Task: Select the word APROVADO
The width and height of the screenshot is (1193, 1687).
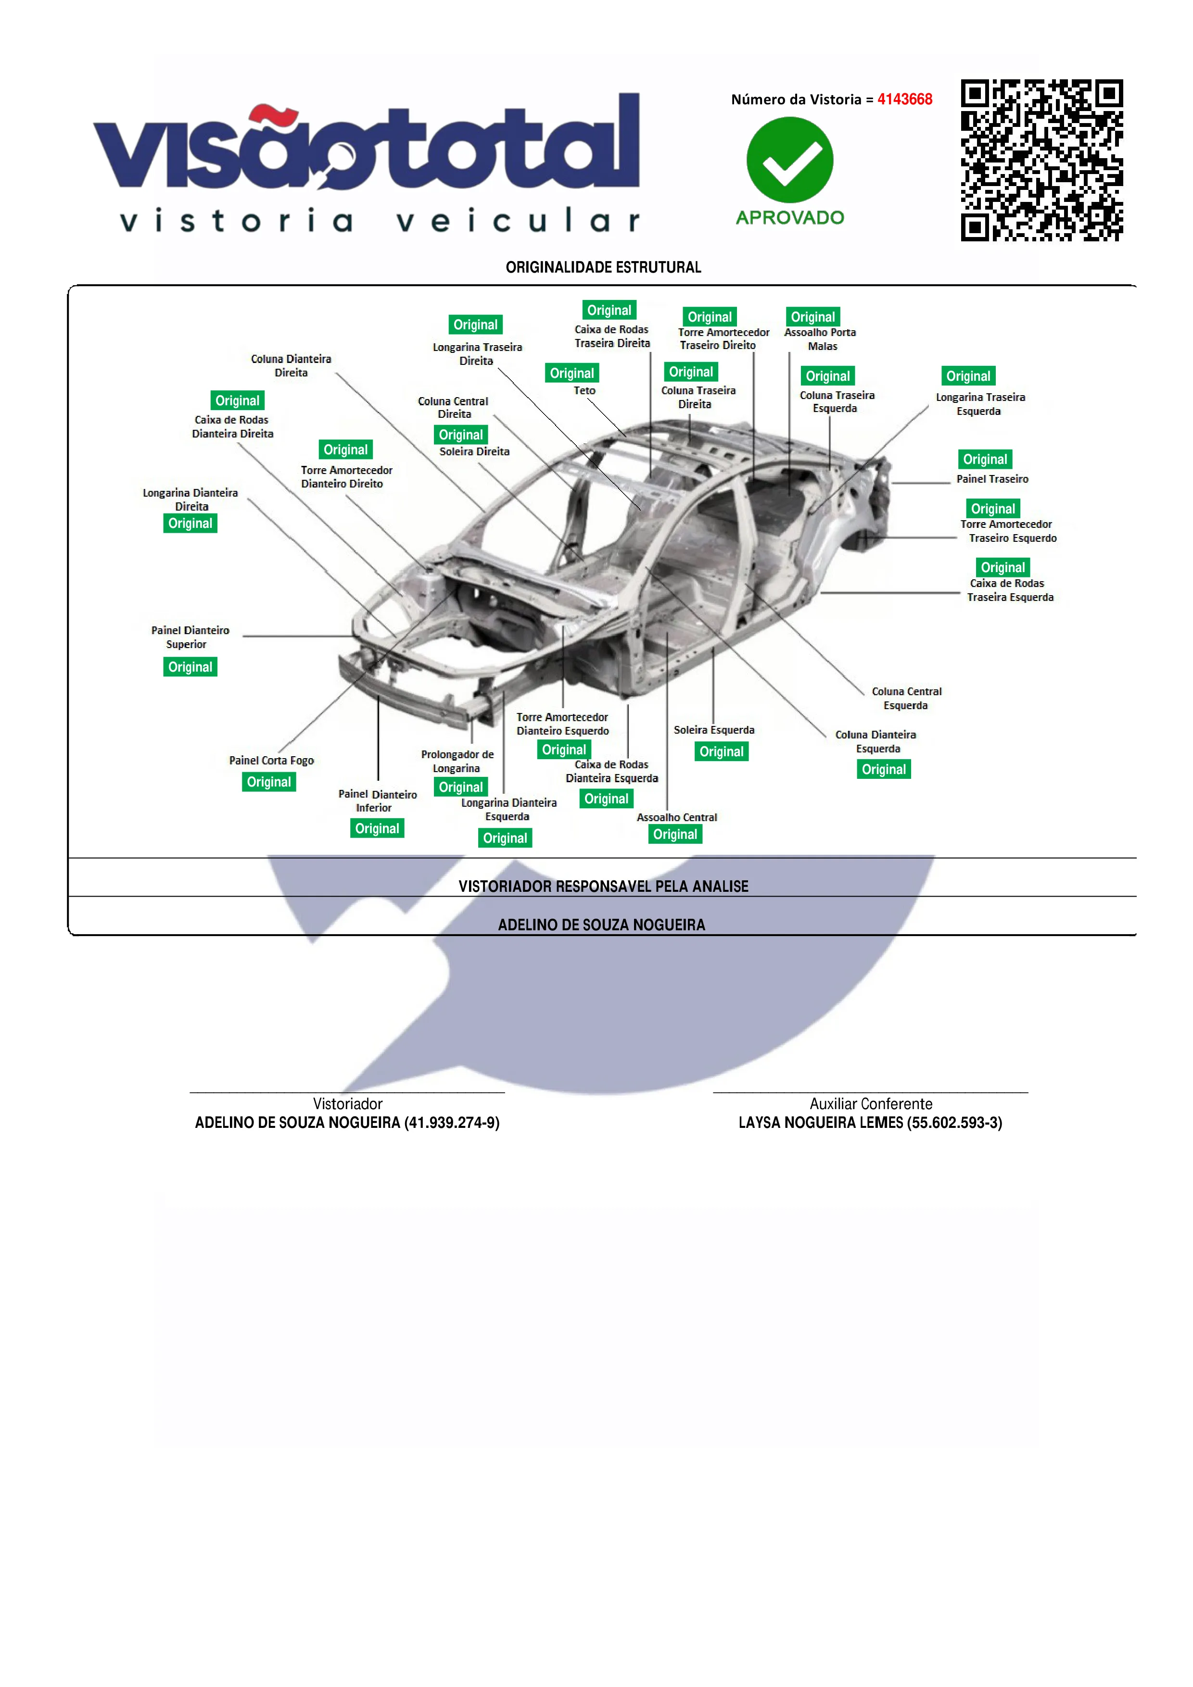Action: pyautogui.click(x=790, y=217)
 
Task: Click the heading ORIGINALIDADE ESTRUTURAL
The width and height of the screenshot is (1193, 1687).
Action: pyautogui.click(x=604, y=267)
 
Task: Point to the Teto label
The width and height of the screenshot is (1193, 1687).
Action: pyautogui.click(x=584, y=391)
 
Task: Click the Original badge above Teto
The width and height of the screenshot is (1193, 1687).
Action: pyautogui.click(x=572, y=373)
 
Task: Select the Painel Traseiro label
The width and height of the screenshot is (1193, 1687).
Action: pyautogui.click(x=992, y=479)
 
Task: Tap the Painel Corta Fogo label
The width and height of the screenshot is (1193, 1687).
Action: pyautogui.click(x=271, y=761)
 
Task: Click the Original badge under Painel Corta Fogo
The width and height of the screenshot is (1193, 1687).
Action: pyautogui.click(x=269, y=782)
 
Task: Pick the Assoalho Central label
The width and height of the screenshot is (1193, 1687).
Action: pyautogui.click(x=677, y=817)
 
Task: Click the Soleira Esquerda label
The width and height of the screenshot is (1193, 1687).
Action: pyautogui.click(x=714, y=730)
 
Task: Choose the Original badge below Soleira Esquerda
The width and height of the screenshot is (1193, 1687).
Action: pyautogui.click(x=721, y=751)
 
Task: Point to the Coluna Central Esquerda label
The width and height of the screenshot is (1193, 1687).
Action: pyautogui.click(x=906, y=699)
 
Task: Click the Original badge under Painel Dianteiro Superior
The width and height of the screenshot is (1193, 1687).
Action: pyautogui.click(x=190, y=667)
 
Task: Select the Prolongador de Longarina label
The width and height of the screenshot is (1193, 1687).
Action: pyautogui.click(x=457, y=761)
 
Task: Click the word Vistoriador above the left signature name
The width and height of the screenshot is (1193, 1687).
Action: pyautogui.click(x=348, y=1104)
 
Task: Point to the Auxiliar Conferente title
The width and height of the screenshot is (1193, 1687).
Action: pyautogui.click(x=871, y=1104)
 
